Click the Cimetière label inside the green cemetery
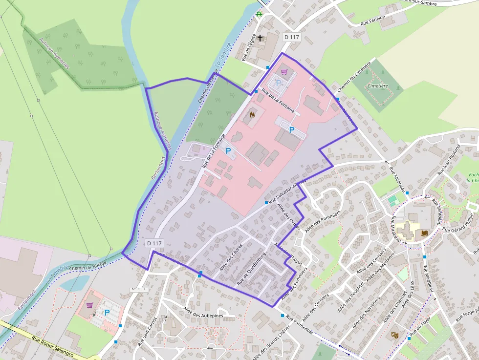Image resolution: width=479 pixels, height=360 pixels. pyautogui.click(x=377, y=86)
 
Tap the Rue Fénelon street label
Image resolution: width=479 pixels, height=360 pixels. pyautogui.click(x=373, y=20)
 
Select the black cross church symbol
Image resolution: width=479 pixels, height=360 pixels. pyautogui.click(x=261, y=38)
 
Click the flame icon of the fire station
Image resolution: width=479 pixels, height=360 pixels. pyautogui.click(x=252, y=115)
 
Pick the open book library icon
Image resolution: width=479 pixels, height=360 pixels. pyautogui.click(x=423, y=233)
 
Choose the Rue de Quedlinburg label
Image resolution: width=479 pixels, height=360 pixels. pyautogui.click(x=251, y=268)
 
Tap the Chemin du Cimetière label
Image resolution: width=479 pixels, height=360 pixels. pyautogui.click(x=354, y=76)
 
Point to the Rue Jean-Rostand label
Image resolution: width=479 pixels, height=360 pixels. pyautogui.click(x=449, y=159)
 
